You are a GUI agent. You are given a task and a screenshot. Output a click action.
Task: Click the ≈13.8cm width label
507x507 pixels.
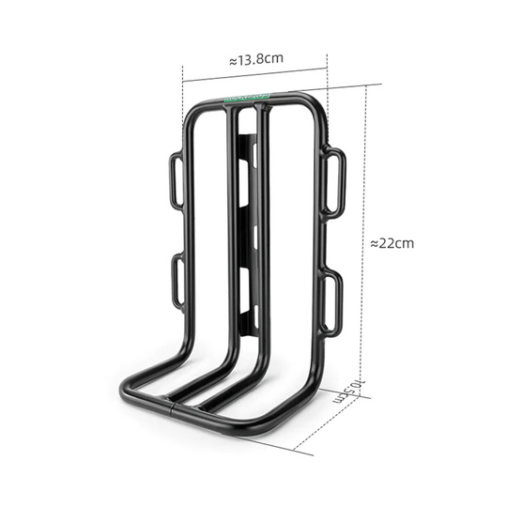255,59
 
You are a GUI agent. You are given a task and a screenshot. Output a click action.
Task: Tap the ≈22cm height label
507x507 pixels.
392,242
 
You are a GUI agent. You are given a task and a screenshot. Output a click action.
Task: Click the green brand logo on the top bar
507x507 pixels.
247,96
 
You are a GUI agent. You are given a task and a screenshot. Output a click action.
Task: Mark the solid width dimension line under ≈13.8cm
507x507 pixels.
255,76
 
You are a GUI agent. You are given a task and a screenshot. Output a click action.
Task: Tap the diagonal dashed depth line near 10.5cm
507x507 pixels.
333,418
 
